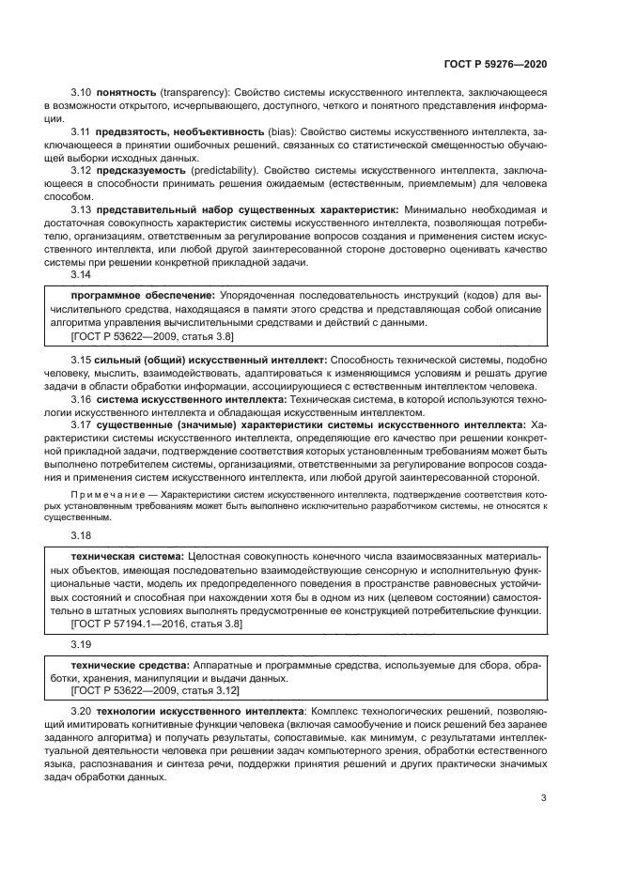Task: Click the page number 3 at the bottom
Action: point(542,800)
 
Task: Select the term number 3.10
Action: point(81,95)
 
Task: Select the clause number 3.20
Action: point(81,713)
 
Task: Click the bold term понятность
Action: point(125,95)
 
